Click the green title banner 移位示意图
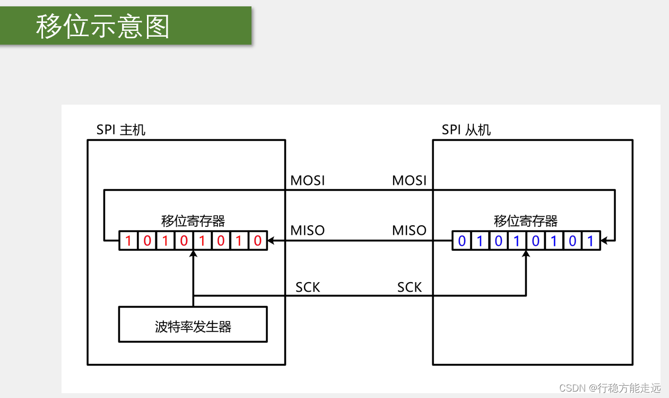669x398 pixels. tap(126, 26)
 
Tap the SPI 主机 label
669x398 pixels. tap(121, 130)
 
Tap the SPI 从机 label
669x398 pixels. tap(466, 130)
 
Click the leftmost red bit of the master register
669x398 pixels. tap(128, 241)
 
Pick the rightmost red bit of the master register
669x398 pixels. tap(257, 241)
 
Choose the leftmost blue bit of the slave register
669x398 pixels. tap(462, 241)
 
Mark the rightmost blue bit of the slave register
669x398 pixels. tap(590, 241)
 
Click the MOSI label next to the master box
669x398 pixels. tap(308, 181)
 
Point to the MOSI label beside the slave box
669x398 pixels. tap(409, 181)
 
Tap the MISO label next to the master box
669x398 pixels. tap(308, 231)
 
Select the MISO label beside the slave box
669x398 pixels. tap(409, 231)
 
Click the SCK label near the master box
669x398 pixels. tap(308, 287)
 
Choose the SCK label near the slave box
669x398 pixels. tap(409, 287)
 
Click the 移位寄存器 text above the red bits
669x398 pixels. tap(193, 221)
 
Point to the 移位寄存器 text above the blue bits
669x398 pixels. tap(526, 221)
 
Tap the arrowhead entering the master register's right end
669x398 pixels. tap(271, 241)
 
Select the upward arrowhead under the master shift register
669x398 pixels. tap(193, 255)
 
